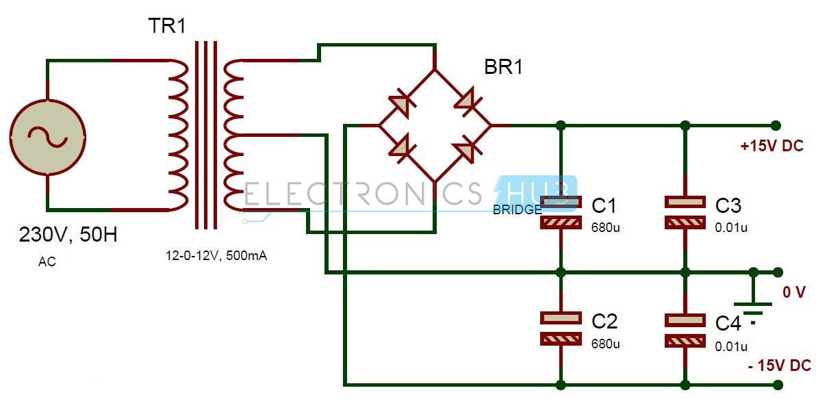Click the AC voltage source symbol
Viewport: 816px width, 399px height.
tap(47, 136)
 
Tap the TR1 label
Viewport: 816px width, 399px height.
tap(167, 27)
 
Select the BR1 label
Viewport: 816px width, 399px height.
tap(503, 67)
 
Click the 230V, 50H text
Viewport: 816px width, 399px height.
tap(68, 235)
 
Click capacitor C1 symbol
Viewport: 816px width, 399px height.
tap(561, 212)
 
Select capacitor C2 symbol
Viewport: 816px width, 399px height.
tap(561, 328)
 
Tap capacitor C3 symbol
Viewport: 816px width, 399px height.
tap(685, 212)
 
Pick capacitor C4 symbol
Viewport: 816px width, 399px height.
tap(685, 328)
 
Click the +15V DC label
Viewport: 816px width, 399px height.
tap(772, 146)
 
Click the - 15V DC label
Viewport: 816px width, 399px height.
tap(779, 365)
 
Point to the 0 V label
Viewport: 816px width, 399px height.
tap(794, 292)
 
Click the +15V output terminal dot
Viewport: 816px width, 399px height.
tap(776, 125)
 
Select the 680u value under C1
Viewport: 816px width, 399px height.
tap(606, 227)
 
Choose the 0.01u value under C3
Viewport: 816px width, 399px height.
tap(731, 227)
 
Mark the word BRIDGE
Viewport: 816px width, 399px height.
tap(518, 210)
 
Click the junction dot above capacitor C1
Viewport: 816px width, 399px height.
tap(561, 125)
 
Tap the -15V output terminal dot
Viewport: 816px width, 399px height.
tap(776, 384)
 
